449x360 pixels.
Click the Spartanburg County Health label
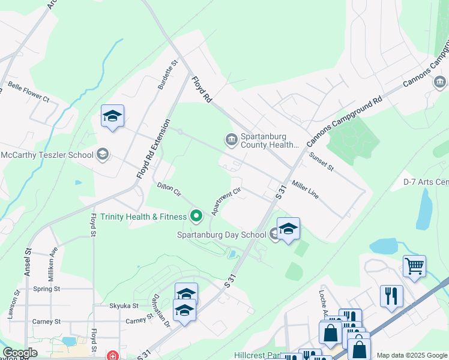click(x=270, y=140)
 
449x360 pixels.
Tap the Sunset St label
click(x=321, y=161)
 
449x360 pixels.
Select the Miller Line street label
click(x=305, y=188)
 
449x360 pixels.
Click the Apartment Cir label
click(x=226, y=201)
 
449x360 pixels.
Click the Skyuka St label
click(x=124, y=305)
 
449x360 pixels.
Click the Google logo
click(x=20, y=353)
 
